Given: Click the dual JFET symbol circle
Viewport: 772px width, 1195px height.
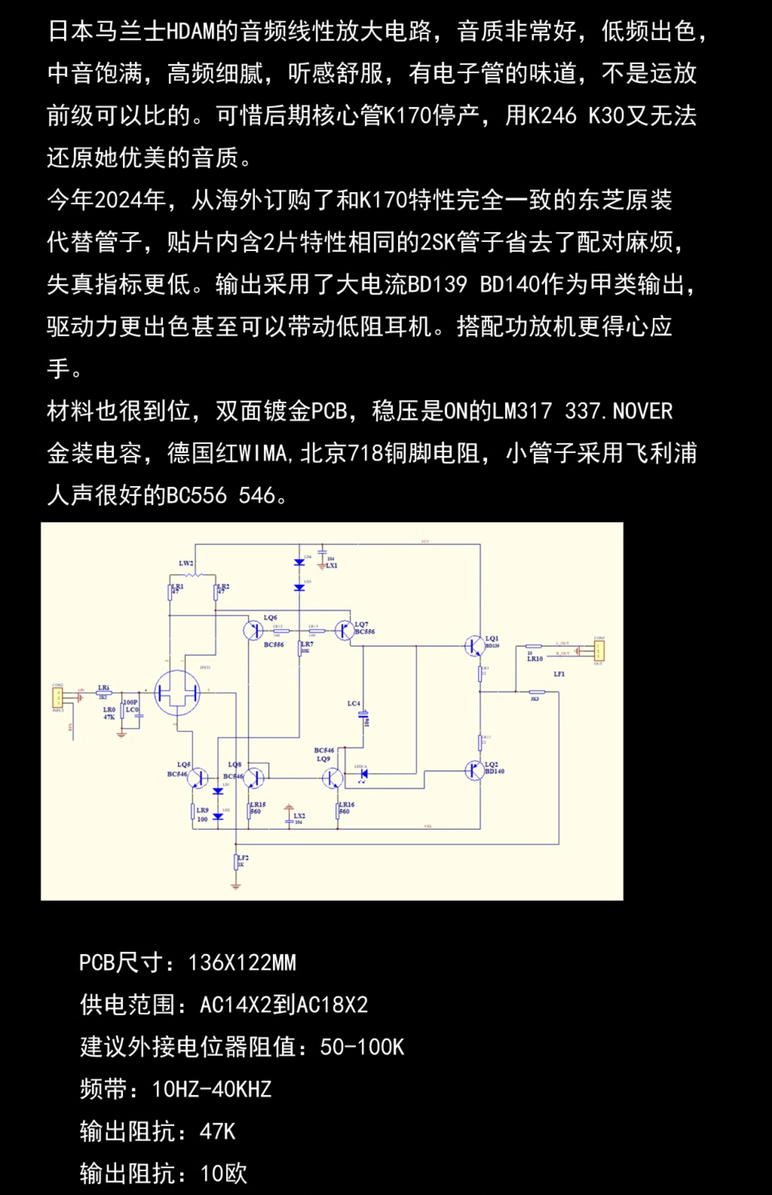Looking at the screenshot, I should pyautogui.click(x=177, y=693).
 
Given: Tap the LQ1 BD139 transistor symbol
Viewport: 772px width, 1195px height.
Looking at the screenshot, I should pyautogui.click(x=474, y=646).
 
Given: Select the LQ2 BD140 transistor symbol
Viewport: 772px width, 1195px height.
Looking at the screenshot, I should pyautogui.click(x=474, y=771).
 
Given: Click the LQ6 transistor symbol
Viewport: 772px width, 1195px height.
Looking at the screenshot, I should pyautogui.click(x=253, y=630).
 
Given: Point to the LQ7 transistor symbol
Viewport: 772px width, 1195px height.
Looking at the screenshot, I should pyautogui.click(x=344, y=630).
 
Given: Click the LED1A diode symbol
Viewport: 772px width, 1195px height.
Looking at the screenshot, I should pyautogui.click(x=364, y=774).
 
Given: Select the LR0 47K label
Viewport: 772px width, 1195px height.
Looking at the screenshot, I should pyautogui.click(x=109, y=713).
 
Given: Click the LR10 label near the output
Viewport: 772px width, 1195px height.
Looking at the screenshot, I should pyautogui.click(x=534, y=659).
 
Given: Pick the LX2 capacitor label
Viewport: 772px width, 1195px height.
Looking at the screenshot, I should pyautogui.click(x=299, y=816).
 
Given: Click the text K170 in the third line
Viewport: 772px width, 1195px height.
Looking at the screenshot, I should pyautogui.click(x=406, y=116).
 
